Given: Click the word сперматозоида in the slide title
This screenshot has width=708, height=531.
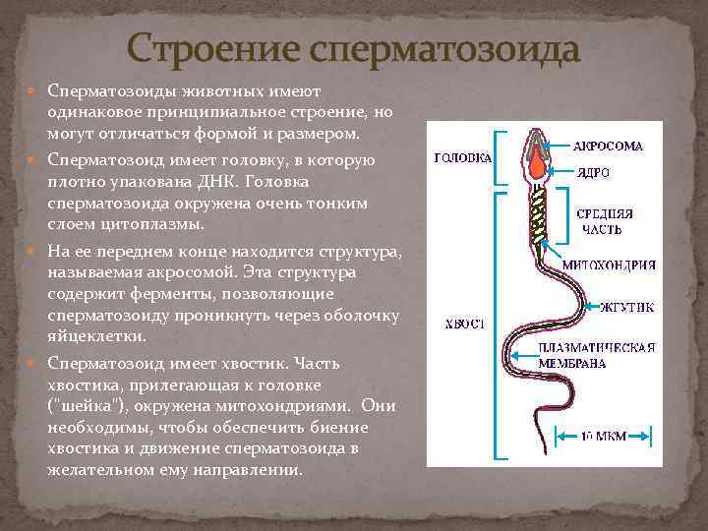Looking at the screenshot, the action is click(442, 48).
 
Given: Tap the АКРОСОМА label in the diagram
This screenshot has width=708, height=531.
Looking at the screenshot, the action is click(609, 147).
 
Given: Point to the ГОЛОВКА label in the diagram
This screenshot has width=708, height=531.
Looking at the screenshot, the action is click(462, 157).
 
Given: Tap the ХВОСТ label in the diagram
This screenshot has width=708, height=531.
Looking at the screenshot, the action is click(462, 324).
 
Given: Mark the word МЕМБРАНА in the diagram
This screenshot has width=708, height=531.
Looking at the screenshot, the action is click(571, 362).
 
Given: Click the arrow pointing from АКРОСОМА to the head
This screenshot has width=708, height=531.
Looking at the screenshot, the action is click(560, 147).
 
